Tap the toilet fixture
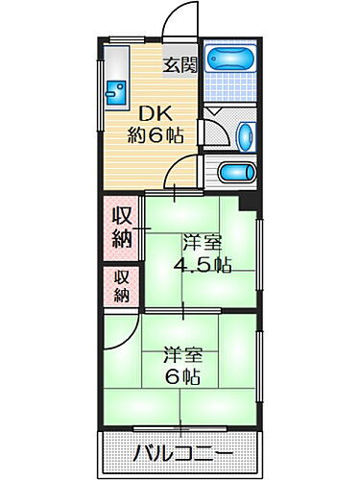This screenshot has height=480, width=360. pos(237,173)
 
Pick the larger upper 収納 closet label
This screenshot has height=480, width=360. pos(122,228)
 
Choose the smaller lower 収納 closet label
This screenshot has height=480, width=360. pos(122,286)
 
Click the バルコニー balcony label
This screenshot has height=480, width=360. pos(180,451)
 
